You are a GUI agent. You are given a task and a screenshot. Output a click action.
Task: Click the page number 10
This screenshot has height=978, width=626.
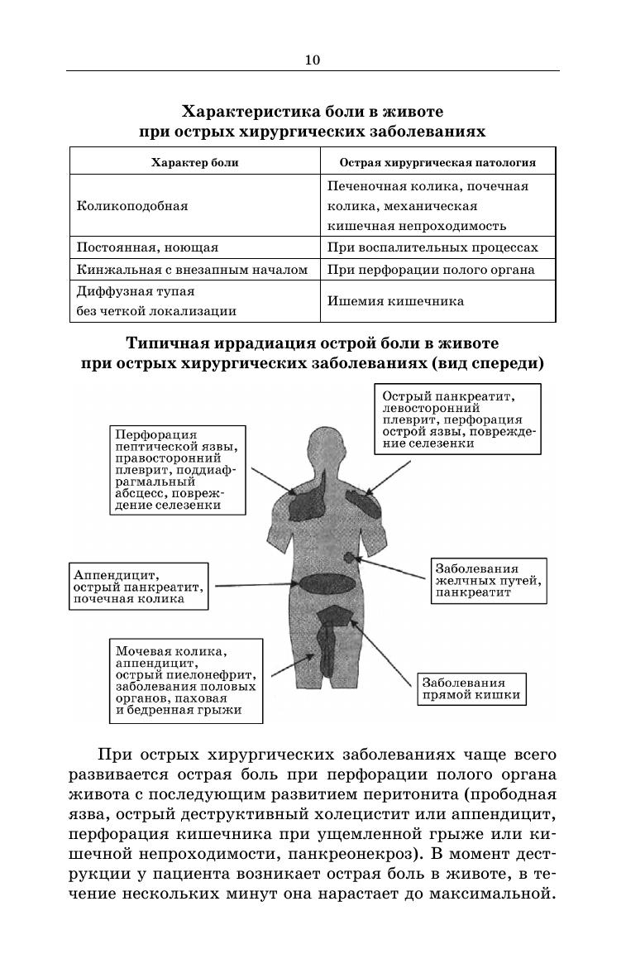pyautogui.click(x=312, y=60)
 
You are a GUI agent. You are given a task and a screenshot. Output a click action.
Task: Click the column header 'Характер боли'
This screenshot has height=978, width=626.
pyautogui.click(x=194, y=162)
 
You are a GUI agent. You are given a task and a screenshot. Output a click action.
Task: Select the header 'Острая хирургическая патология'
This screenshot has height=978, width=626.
pyautogui.click(x=437, y=162)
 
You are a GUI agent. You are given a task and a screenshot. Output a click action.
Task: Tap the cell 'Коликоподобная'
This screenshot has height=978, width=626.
pyautogui.click(x=132, y=206)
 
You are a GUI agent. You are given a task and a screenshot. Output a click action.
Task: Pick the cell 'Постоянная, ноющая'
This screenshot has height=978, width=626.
pyautogui.click(x=147, y=247)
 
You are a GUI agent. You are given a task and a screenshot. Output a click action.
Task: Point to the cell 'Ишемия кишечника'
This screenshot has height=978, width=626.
pyautogui.click(x=395, y=301)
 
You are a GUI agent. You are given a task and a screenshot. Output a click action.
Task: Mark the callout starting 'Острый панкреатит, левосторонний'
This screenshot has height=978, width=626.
pyautogui.click(x=458, y=419)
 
